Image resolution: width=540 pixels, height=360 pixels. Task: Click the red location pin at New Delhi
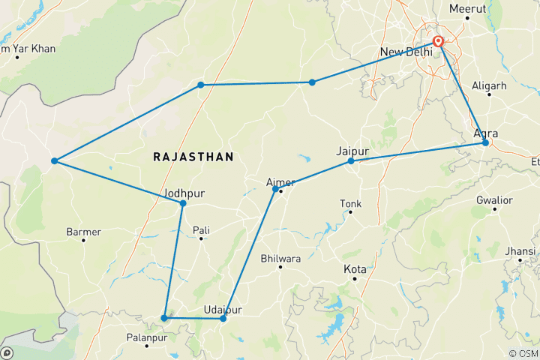pyautogui.click(x=438, y=42)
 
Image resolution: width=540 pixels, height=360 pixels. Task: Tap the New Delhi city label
pyautogui.click(x=406, y=52)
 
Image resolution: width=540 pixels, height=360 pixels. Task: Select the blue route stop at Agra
pyautogui.click(x=485, y=142)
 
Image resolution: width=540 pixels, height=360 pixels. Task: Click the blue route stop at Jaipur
pyautogui.click(x=351, y=161)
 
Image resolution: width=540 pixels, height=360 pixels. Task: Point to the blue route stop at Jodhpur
pyautogui.click(x=182, y=203)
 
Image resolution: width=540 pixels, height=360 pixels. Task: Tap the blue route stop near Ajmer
pyautogui.click(x=275, y=189)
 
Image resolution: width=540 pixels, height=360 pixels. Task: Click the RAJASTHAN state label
pyautogui.click(x=193, y=157)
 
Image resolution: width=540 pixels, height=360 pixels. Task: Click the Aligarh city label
pyautogui.click(x=489, y=86)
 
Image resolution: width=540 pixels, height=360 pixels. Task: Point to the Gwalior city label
pyautogui.click(x=494, y=200)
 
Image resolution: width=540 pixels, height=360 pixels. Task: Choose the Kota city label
pyautogui.click(x=355, y=268)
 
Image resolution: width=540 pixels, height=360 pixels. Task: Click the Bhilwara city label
pyautogui.click(x=280, y=258)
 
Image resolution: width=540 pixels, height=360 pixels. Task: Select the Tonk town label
pyautogui.click(x=350, y=203)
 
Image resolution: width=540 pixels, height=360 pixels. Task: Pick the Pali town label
pyautogui.click(x=201, y=229)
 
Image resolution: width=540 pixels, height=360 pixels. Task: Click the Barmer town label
pyautogui.click(x=83, y=232)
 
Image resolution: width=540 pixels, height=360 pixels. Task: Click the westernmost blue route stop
pyautogui.click(x=54, y=161)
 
